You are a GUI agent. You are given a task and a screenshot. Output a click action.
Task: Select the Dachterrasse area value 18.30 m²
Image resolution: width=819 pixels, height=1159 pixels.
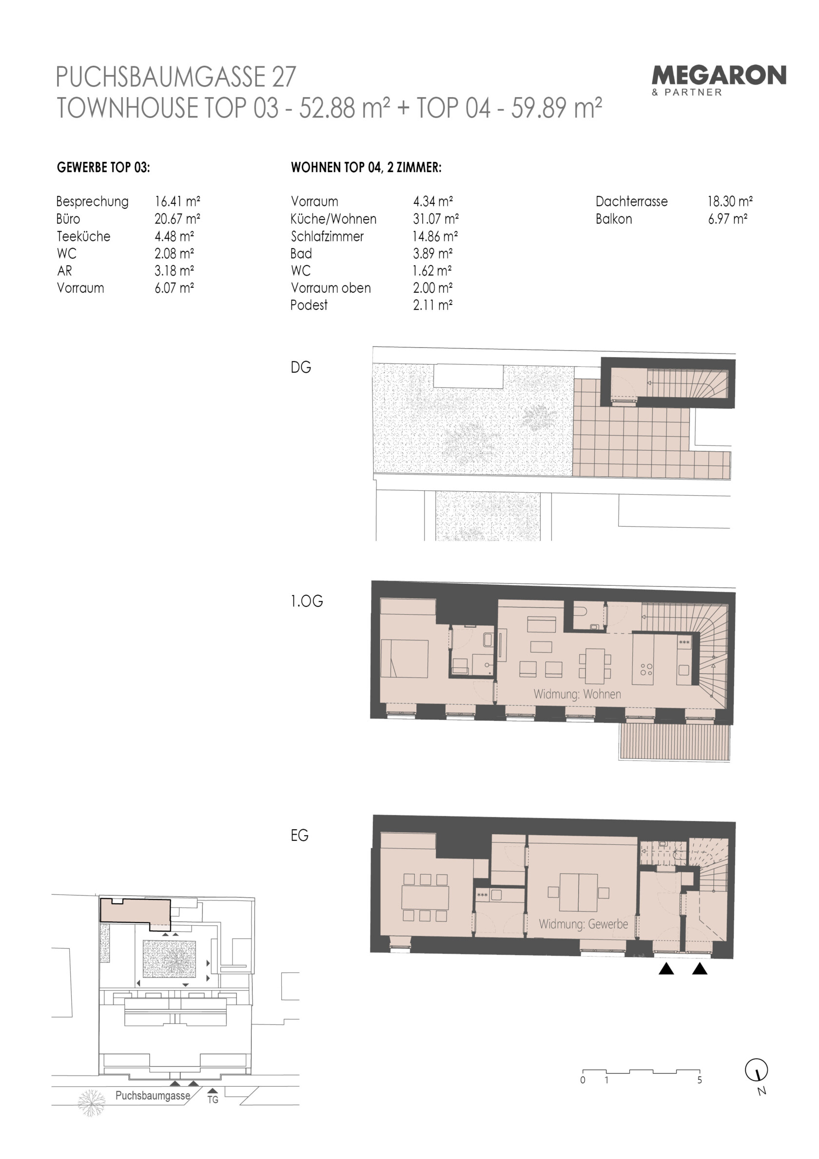point(730,201)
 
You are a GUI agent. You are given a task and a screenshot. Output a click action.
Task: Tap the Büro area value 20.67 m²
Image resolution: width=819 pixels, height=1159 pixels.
point(177,219)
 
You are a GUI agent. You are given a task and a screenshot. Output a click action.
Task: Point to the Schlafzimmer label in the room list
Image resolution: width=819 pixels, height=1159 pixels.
point(327,236)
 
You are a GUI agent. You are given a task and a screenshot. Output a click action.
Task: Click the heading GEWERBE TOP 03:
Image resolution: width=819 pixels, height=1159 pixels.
point(103,168)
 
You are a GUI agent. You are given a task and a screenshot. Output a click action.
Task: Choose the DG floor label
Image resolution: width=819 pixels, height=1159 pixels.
point(301,367)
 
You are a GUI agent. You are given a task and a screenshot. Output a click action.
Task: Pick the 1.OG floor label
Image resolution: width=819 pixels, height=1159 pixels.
point(306,601)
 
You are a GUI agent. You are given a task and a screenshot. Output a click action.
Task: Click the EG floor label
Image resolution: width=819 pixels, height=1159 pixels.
point(299,836)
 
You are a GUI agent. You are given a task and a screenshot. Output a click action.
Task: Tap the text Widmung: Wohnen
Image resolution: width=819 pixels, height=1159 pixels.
point(577,694)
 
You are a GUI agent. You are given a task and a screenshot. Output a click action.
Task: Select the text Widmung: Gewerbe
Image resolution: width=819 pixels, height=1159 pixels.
point(584,924)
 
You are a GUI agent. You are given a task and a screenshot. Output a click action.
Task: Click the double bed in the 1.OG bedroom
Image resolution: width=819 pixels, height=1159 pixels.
point(404,658)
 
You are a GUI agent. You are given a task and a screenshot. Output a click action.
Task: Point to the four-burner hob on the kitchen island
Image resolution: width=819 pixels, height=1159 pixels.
point(646,669)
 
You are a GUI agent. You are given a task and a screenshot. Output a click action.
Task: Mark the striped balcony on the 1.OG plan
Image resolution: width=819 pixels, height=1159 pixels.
point(674,741)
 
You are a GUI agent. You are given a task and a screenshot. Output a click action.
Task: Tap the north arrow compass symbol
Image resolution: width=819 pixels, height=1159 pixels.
point(757,1070)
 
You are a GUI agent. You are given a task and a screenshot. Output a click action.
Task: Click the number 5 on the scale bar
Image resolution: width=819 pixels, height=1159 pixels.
point(700,1080)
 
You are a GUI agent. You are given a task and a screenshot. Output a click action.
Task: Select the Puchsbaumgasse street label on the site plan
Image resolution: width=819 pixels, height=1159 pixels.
point(153,1096)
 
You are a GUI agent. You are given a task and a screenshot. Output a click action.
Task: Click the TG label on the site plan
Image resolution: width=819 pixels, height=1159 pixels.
point(213,1099)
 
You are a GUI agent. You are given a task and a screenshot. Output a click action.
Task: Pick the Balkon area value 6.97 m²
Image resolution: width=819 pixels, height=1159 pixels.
point(728,219)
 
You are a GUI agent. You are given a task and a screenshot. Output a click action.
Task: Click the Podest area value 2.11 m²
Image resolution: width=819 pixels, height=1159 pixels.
point(432,305)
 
